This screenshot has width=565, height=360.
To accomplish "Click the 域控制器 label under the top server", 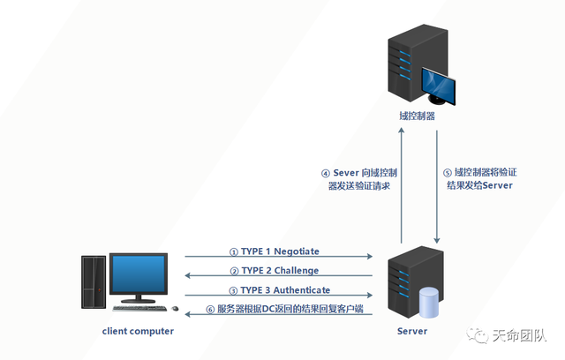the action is click(417, 116).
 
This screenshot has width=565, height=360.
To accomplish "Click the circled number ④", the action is click(326, 174).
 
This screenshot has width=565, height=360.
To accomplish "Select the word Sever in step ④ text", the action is click(346, 173).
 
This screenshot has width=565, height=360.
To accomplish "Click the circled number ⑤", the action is click(448, 173).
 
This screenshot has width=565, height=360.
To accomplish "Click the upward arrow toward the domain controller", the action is click(402, 185).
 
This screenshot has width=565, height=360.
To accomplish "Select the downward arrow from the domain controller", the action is click(437, 187).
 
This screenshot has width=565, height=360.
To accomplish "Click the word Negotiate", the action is click(297, 251).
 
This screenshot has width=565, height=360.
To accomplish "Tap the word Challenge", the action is click(297, 270).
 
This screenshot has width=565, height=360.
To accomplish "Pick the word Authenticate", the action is click(302, 289).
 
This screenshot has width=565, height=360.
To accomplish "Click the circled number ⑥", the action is click(210, 309).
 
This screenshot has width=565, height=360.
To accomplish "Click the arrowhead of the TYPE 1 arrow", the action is click(370, 256).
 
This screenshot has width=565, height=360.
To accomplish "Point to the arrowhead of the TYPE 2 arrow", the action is click(187, 276).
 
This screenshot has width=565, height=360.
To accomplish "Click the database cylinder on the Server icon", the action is click(429, 303).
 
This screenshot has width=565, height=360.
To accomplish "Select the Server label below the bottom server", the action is click(412, 331).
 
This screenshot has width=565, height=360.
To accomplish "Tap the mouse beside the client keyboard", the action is click(175, 308).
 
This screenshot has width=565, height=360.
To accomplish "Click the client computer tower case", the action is click(94, 282).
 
